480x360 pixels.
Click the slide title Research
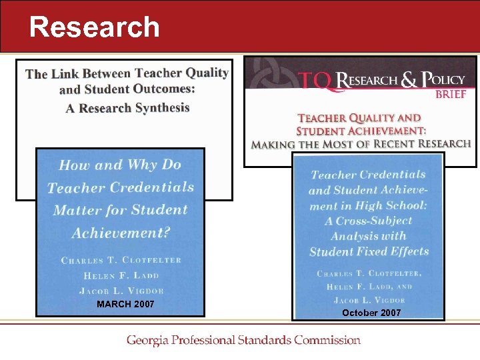pos(95,27)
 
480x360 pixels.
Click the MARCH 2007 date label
pos(125,305)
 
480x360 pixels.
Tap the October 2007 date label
pos(371,313)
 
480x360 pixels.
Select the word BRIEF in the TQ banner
pos(451,95)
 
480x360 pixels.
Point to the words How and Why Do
pos(120,165)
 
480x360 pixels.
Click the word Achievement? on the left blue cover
pos(121,233)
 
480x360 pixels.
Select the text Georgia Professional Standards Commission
pos(243,340)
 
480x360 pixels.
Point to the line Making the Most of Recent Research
pos(361,143)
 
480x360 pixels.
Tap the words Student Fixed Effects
pos(369,252)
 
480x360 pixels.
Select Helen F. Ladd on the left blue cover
pos(121,275)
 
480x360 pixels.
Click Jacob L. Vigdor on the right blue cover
pos(369,300)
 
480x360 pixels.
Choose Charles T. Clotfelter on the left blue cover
pos(121,260)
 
